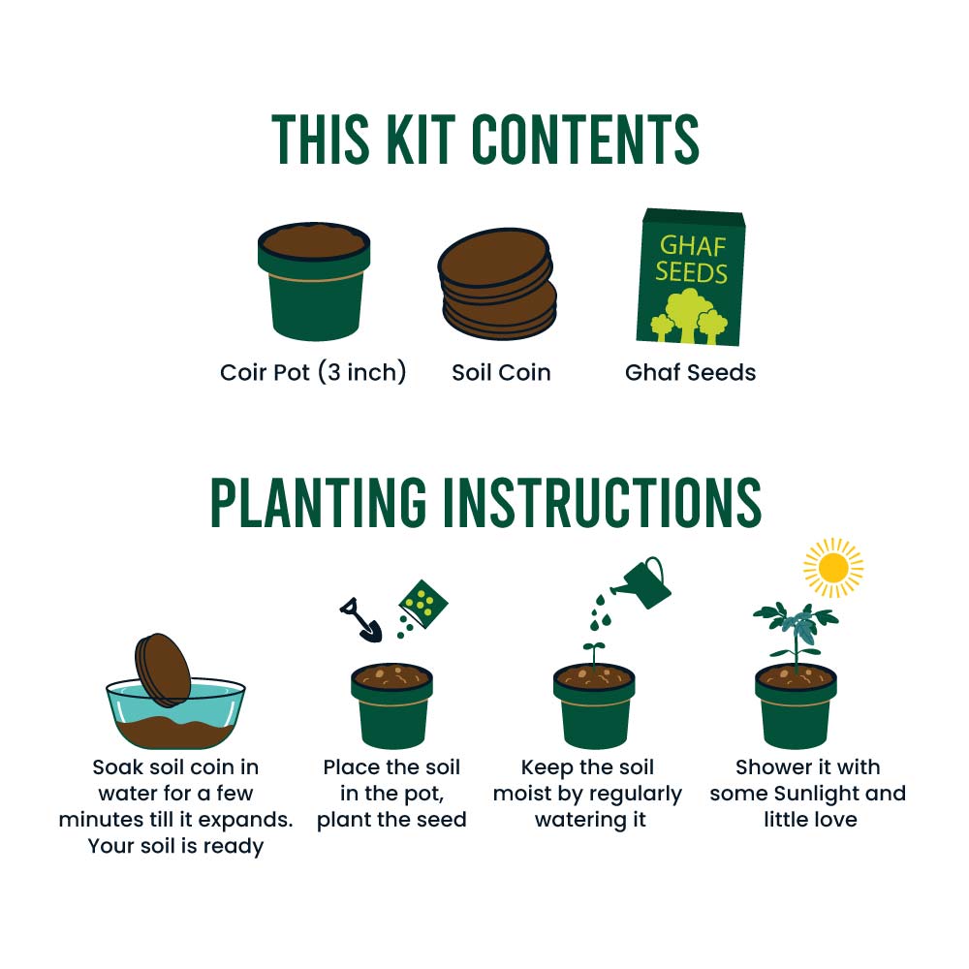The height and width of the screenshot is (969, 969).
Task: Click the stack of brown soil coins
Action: click(x=497, y=285)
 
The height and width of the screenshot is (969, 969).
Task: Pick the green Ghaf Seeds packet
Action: click(x=691, y=277)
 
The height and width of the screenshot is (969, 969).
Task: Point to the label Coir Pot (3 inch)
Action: click(x=313, y=372)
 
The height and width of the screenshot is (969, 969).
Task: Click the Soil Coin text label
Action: click(x=501, y=372)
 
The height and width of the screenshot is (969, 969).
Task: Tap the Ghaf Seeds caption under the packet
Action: click(x=690, y=372)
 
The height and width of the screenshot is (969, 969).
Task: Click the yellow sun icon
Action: click(x=831, y=568)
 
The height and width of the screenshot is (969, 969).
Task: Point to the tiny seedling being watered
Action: click(x=593, y=652)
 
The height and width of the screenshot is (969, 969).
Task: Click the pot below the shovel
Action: click(x=391, y=707)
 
